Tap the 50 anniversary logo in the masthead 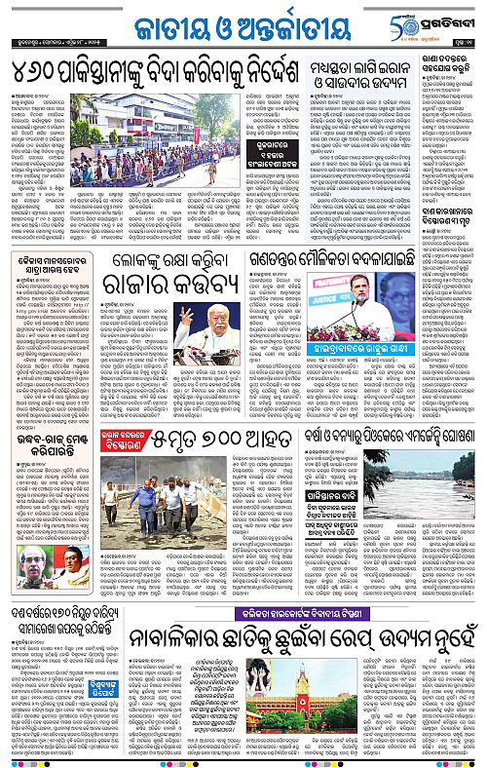click(405, 21)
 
